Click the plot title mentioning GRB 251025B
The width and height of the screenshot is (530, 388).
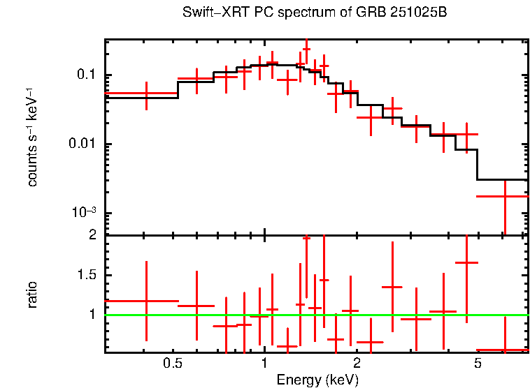click(x=314, y=13)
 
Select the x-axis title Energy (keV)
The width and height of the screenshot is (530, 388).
click(x=317, y=380)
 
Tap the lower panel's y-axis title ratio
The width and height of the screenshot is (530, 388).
click(x=33, y=294)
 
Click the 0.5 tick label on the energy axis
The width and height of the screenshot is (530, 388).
click(x=172, y=364)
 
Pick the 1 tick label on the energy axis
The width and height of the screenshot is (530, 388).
click(x=264, y=364)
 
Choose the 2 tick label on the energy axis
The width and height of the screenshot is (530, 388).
click(x=357, y=364)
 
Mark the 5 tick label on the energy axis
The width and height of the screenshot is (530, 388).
click(x=478, y=364)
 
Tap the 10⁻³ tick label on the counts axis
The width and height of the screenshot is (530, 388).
click(x=84, y=212)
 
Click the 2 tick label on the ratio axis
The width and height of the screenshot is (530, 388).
click(x=91, y=235)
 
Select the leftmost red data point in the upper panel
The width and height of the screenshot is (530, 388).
click(x=146, y=93)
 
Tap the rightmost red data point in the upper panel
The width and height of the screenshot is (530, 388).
click(x=504, y=196)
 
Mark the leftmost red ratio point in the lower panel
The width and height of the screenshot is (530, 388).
click(x=146, y=301)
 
